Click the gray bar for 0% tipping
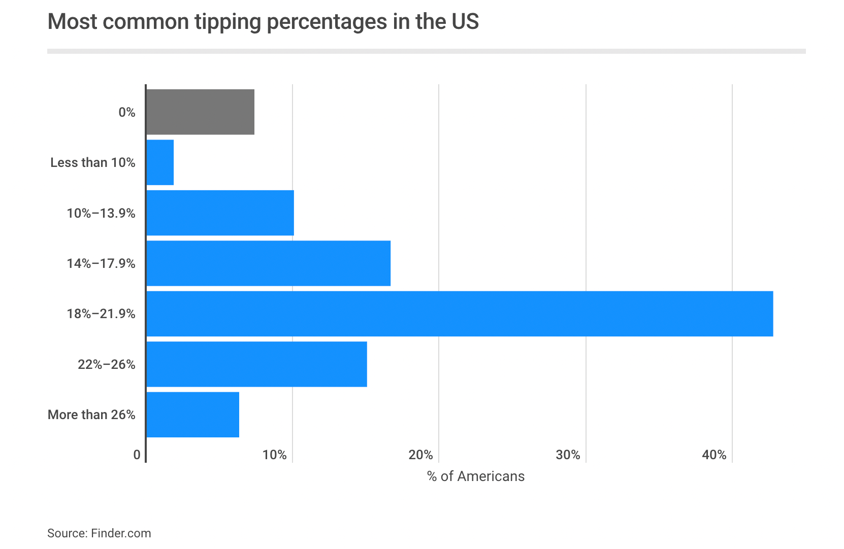pos(200,112)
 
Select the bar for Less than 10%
pos(160,162)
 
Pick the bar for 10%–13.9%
pos(220,213)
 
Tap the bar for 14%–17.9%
pos(268,263)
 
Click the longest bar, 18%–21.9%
pos(460,314)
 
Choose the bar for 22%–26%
pos(256,364)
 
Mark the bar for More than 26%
pos(192,415)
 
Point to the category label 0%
pos(127,112)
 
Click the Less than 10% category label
pos(93,162)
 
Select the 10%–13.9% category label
pos(101,213)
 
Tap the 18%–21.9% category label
pos(101,314)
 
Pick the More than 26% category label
pos(91,415)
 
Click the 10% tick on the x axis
pos(275,455)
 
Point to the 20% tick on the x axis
pos(421,455)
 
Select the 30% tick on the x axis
pos(568,455)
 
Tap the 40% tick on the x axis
pos(714,455)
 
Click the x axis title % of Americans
pos(476,476)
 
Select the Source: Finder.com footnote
pos(99,533)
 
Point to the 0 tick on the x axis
pos(137,455)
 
